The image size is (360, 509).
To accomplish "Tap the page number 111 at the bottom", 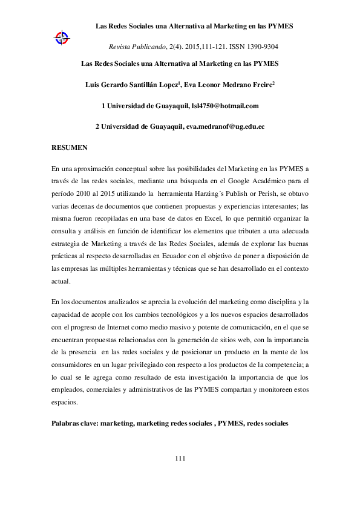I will [180, 458].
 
